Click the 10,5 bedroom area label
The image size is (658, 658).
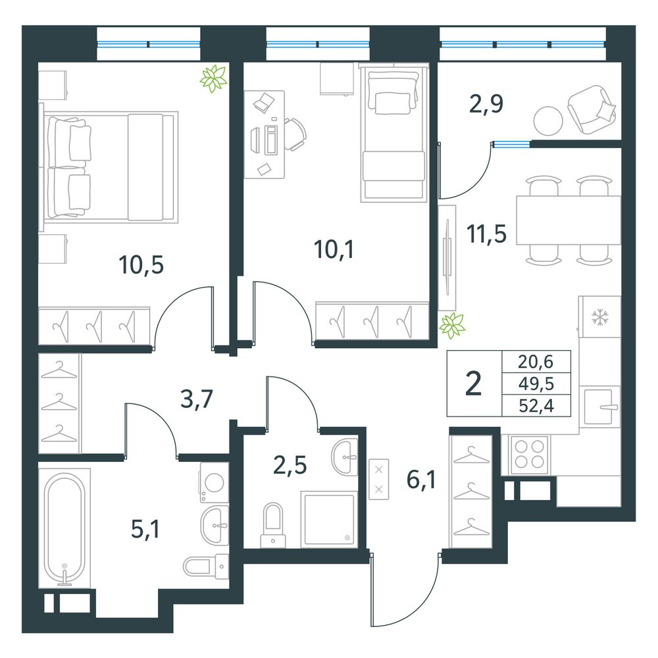(x=141, y=265)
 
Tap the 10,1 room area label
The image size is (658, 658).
(x=334, y=249)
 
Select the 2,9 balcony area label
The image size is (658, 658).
(x=486, y=104)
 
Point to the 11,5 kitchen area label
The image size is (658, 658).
(x=486, y=234)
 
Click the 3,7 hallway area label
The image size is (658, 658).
(x=197, y=399)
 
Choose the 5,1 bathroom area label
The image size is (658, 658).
(x=145, y=529)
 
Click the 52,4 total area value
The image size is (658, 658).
(x=536, y=406)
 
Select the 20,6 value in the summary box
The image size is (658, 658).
(x=536, y=361)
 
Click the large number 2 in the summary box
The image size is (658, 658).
(x=473, y=384)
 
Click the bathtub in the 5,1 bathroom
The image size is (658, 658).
(x=64, y=528)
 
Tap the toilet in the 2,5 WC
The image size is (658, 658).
(x=273, y=525)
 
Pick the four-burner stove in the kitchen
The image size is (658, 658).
(x=530, y=455)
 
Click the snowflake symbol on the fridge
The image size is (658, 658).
(x=600, y=317)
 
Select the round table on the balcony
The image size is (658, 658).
(x=548, y=120)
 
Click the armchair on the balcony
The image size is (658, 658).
(x=592, y=109)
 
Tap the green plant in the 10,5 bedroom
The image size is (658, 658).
(x=214, y=78)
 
